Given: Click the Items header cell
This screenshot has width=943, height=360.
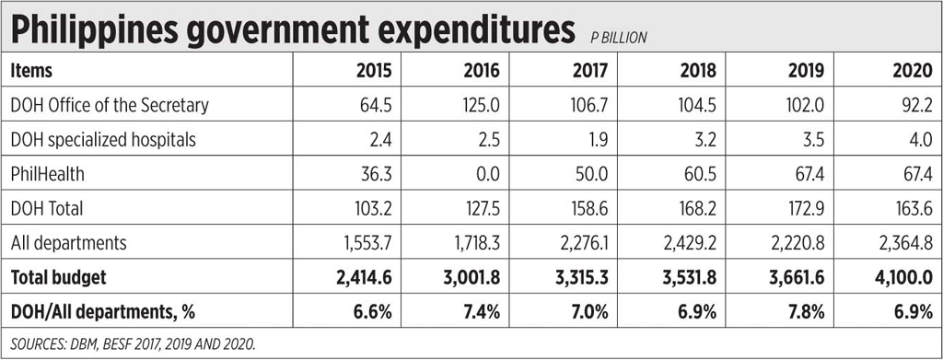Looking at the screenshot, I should point(32,71).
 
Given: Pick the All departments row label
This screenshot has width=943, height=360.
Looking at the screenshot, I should point(67,243).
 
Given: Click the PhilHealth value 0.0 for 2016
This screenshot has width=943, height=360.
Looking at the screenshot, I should point(487,174).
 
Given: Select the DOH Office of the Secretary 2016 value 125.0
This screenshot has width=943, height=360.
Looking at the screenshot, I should point(481,105).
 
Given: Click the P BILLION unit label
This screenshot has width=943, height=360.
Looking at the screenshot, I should point(619,38).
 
